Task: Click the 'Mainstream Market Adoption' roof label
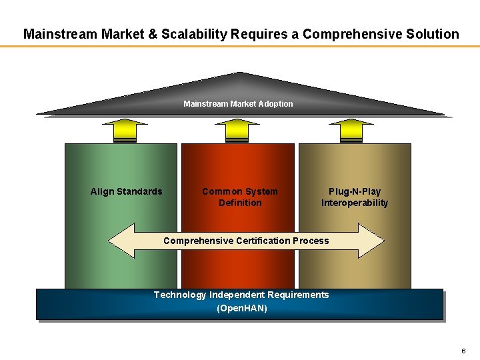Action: click(x=238, y=103)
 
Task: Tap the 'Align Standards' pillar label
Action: click(x=126, y=191)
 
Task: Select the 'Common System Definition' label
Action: click(x=240, y=197)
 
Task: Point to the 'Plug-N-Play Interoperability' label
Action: click(x=354, y=197)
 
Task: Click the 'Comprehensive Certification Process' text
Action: click(x=246, y=241)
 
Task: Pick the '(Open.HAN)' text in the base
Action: click(x=241, y=308)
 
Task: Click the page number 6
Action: click(x=463, y=351)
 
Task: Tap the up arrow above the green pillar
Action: click(x=125, y=131)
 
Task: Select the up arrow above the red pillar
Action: click(x=237, y=131)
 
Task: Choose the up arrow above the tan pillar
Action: click(x=351, y=131)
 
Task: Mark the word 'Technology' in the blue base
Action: click(x=179, y=295)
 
